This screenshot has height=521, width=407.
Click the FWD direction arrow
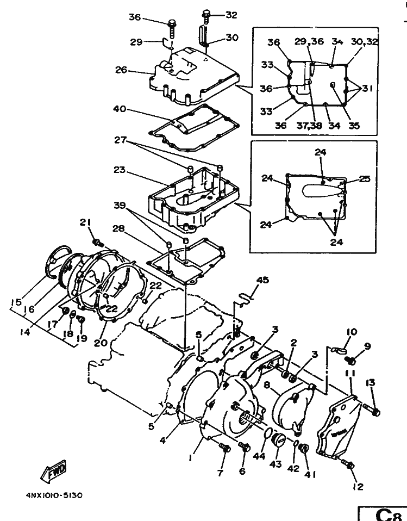coord(54,471)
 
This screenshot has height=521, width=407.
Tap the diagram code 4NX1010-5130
coord(54,495)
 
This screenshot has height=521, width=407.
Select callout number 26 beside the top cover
coord(121,70)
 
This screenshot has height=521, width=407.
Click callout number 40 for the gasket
coord(120,109)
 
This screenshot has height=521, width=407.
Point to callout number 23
coord(119,170)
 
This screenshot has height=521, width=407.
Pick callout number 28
coord(118,229)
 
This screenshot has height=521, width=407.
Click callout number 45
coord(263,280)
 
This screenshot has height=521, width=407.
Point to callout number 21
coord(85,222)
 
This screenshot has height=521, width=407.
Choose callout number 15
coord(16,302)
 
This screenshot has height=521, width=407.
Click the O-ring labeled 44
coord(267,434)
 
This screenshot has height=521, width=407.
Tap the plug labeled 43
coord(278,441)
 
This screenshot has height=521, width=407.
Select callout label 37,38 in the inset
coord(309,126)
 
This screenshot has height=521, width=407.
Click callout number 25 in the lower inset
coord(365,179)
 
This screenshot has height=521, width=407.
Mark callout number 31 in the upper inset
coord(367,89)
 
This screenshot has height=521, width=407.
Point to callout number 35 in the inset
coord(354,126)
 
